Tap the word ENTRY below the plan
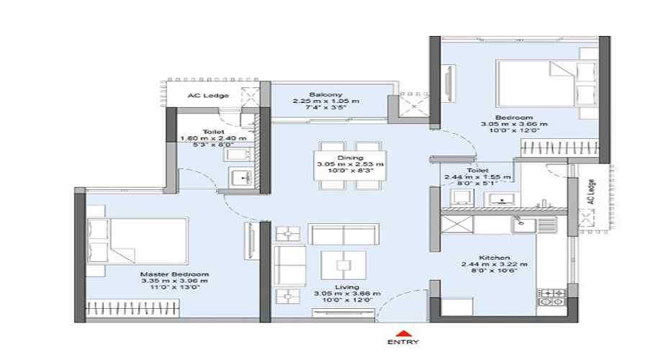click(x=403, y=342)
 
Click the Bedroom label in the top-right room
click(x=513, y=117)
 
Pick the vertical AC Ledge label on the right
click(x=591, y=192)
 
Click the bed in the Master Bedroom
click(x=137, y=241)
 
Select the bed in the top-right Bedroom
click(x=546, y=84)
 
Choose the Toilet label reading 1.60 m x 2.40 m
click(x=213, y=138)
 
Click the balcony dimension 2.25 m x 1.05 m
click(x=325, y=102)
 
